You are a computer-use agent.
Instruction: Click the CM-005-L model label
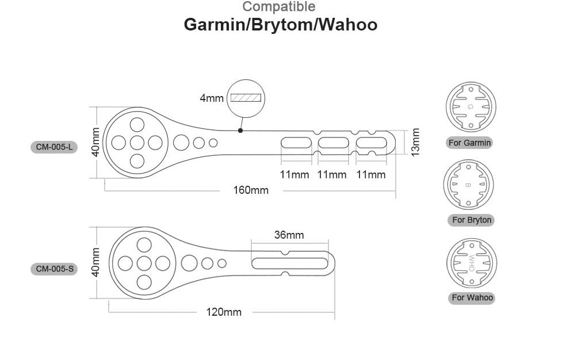[x=53, y=147]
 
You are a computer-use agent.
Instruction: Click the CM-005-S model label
[x=53, y=269]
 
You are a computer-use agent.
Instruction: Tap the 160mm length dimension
[x=250, y=190]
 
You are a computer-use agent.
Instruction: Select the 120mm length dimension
[x=224, y=312]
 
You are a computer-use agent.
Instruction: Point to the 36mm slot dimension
[x=289, y=235]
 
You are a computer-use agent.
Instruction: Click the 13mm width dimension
[x=415, y=142]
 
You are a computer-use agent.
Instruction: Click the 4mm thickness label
[x=211, y=98]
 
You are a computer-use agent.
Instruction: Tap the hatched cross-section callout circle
[x=246, y=98]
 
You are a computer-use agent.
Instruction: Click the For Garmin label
[x=470, y=143]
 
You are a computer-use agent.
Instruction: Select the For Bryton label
[x=472, y=220]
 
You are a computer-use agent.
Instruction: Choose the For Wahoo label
[x=472, y=297]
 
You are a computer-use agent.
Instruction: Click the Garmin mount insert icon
[x=470, y=107]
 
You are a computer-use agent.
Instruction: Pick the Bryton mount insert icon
[x=468, y=185]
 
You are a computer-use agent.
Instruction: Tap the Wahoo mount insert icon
[x=472, y=262]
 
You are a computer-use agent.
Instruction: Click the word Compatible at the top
[x=279, y=7]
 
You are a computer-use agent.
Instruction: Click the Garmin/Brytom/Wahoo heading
[x=280, y=25]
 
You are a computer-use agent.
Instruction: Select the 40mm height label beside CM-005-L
[x=96, y=142]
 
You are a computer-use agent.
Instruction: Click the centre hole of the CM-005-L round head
[x=137, y=143]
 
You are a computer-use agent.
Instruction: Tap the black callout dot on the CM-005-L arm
[x=240, y=131]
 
